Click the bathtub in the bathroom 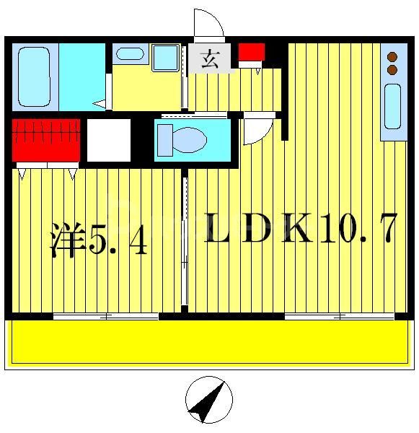click(35, 76)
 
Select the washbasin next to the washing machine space click(130, 53)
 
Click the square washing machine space click(165, 57)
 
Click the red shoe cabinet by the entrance click(252, 53)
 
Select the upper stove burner click(393, 56)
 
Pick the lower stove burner click(393, 70)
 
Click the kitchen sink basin click(392, 107)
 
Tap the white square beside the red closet click(108, 140)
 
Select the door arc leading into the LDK click(256, 131)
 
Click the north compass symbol click(209, 400)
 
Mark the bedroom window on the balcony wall click(106, 316)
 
